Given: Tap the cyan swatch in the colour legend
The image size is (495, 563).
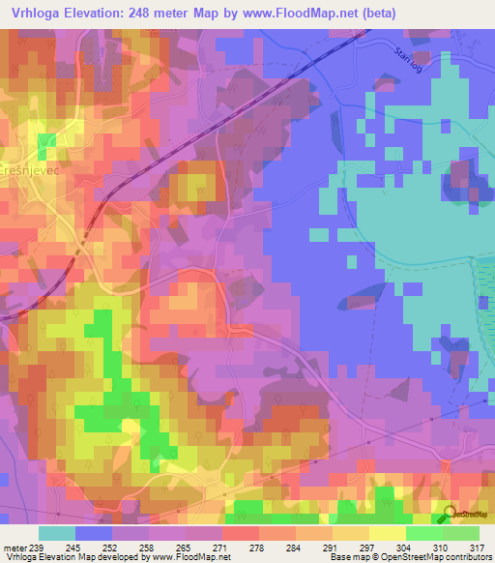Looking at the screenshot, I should click(56, 533).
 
